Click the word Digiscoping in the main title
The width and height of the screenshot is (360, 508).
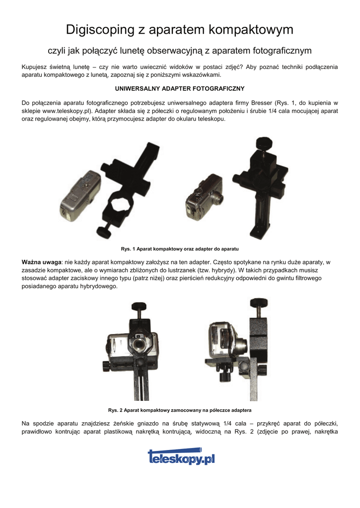point(100,29)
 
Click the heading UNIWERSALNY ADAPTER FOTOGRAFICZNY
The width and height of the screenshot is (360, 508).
point(180,88)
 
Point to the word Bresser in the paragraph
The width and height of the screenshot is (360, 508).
point(262,103)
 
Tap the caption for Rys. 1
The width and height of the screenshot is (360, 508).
point(180,249)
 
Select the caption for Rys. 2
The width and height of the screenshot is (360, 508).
point(180,410)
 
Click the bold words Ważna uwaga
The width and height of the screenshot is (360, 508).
point(42,262)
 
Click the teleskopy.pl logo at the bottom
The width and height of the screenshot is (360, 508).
point(181,456)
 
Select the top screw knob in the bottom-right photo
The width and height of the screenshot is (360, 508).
point(259,303)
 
